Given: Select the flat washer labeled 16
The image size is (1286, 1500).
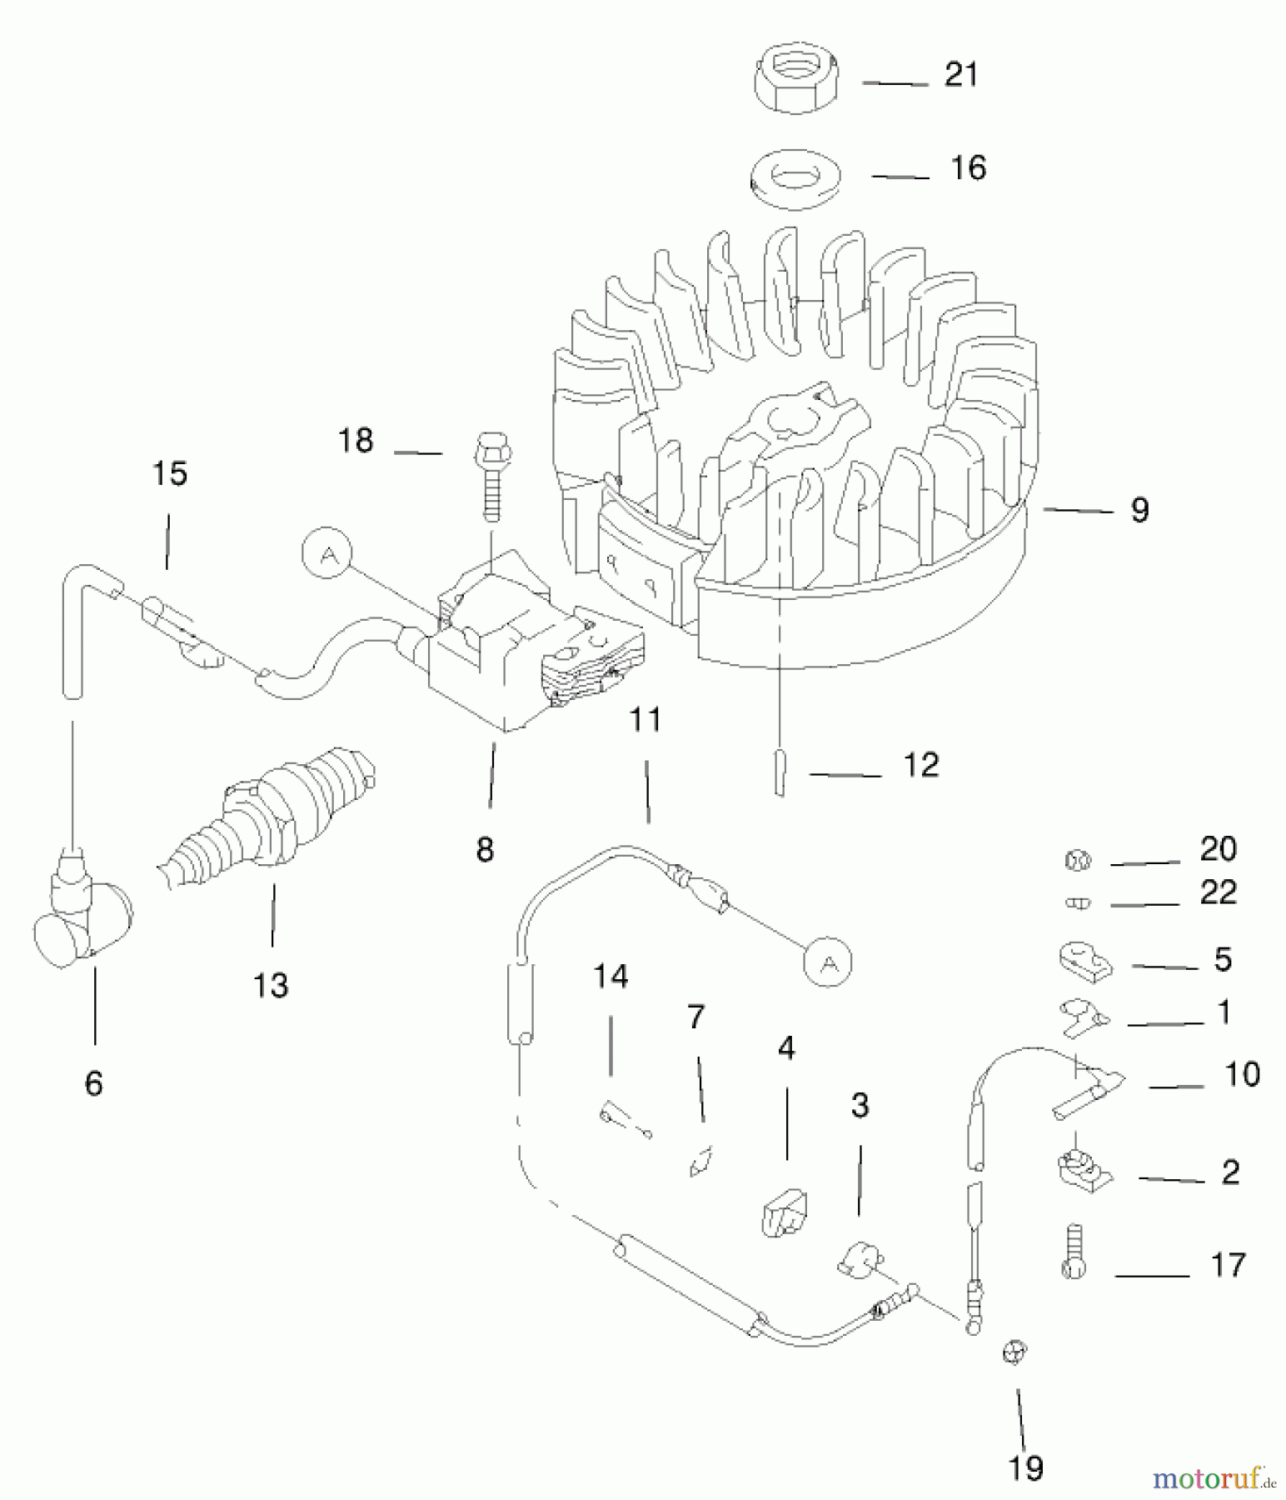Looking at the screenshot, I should click(x=795, y=178).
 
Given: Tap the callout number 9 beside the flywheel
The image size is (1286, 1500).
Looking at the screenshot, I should click(x=1139, y=509).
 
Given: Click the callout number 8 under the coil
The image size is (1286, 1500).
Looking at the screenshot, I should click(x=485, y=849).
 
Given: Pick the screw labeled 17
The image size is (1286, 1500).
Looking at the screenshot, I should click(x=1074, y=1252).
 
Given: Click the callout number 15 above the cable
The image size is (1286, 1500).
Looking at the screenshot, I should click(x=170, y=474).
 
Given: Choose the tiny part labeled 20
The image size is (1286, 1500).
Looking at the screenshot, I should click(x=1077, y=861).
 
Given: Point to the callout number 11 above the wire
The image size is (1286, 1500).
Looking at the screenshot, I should click(x=645, y=719).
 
